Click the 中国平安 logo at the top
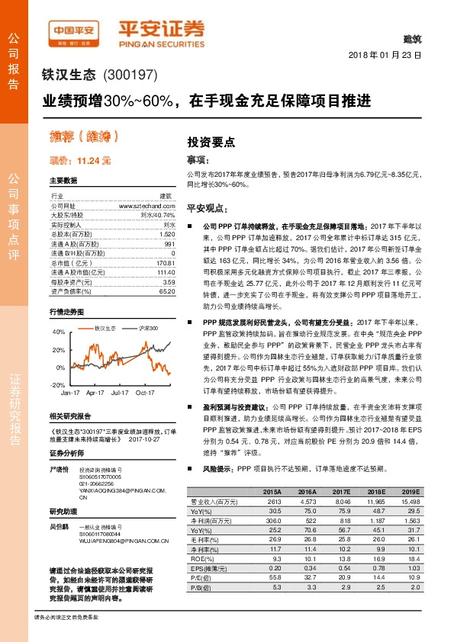tap(72, 31)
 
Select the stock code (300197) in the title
tap(127, 75)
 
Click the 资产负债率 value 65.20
tap(166, 291)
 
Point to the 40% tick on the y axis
tap(59, 332)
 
